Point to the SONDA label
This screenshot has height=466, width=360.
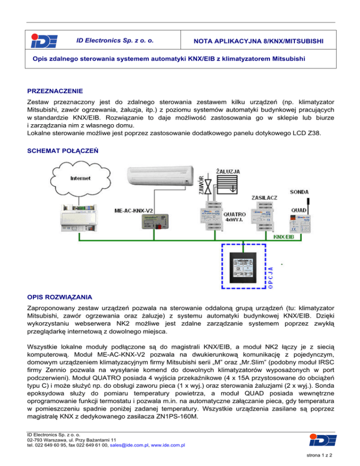coord(300,192)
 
